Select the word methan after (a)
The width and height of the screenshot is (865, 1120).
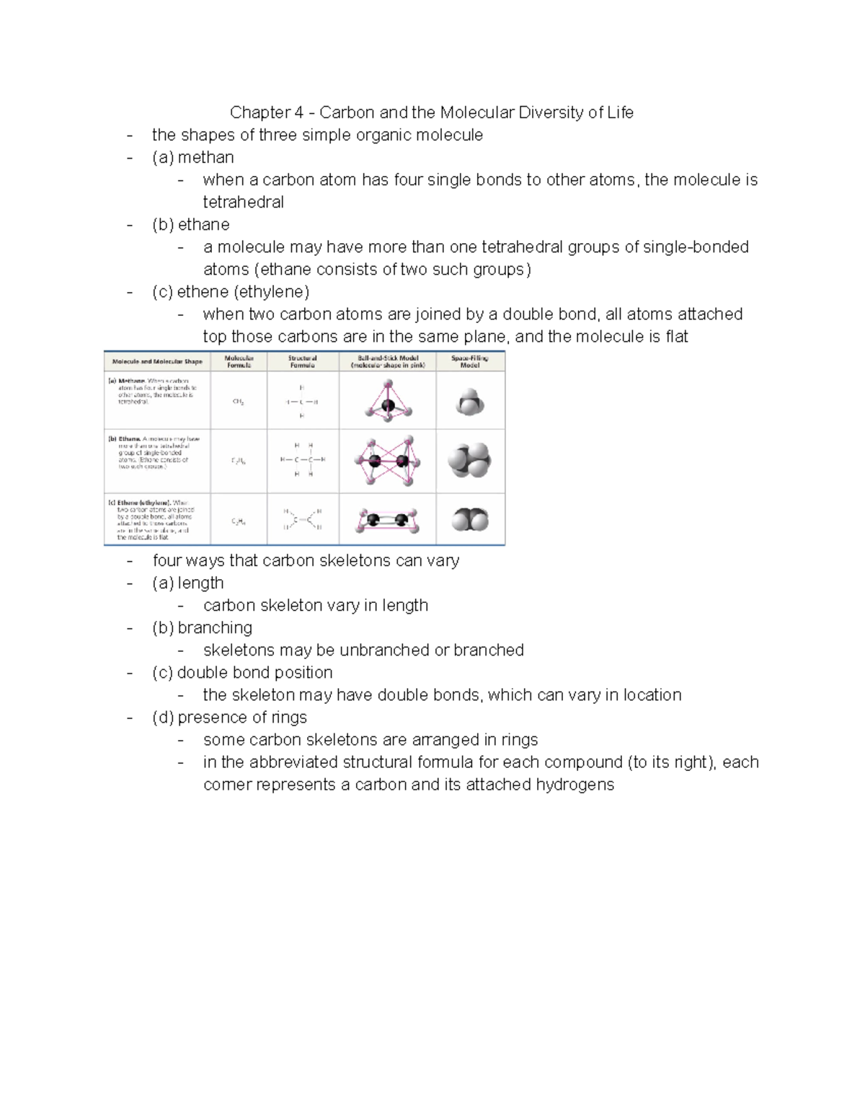pos(205,157)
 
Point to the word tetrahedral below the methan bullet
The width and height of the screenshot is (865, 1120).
pos(243,202)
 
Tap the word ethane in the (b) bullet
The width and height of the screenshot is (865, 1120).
pos(203,224)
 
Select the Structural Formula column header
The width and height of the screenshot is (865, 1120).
pos(302,361)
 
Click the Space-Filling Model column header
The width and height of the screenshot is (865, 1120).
pos(470,361)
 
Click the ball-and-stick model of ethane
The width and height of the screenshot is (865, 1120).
pos(387,460)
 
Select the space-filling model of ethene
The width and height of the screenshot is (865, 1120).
pos(470,519)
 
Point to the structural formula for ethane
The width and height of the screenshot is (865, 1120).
pos(303,460)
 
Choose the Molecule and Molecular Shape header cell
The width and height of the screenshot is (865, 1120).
pos(157,361)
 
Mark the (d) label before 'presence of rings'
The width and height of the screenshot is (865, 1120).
pos(162,718)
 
